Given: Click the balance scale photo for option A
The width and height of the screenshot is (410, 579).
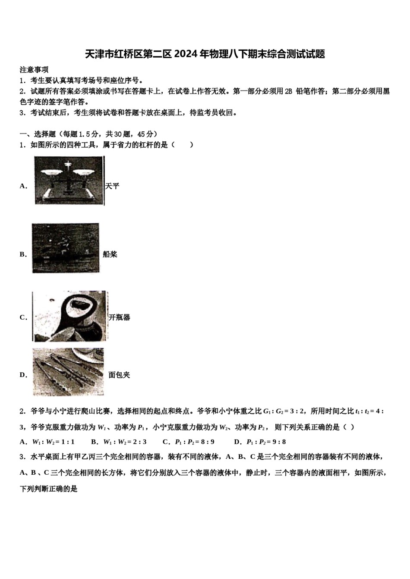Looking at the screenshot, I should pyautogui.click(x=69, y=180).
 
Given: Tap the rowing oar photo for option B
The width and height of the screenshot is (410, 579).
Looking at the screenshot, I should pyautogui.click(x=66, y=248).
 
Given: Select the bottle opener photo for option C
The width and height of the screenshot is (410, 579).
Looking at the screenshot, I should pyautogui.click(x=70, y=316).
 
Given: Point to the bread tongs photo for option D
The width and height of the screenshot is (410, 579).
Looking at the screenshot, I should pyautogui.click(x=68, y=372).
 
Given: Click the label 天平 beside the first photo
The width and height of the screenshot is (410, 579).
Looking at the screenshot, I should pyautogui.click(x=112, y=186).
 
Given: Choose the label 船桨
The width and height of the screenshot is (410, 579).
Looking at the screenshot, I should pyautogui.click(x=110, y=254).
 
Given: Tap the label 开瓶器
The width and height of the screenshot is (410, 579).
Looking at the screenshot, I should pyautogui.click(x=120, y=318).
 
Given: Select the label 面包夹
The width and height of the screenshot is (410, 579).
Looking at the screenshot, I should pyautogui.click(x=119, y=375).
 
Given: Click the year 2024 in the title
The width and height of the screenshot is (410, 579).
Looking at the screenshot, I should pyautogui.click(x=186, y=54).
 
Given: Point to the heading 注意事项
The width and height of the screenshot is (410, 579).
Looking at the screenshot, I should pyautogui.click(x=34, y=70).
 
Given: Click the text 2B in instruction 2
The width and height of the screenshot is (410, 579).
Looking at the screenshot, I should pyautogui.click(x=289, y=91).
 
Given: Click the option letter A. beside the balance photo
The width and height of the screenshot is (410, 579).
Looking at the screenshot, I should pyautogui.click(x=23, y=186).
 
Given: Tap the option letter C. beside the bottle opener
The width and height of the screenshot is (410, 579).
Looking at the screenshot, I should pyautogui.click(x=23, y=318).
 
